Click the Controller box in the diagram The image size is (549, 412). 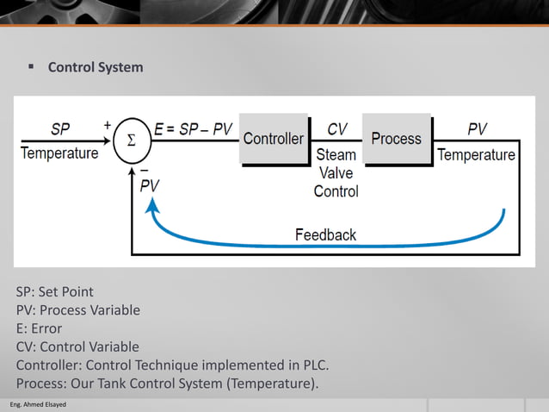[x=273, y=139]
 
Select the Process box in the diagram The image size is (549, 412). [x=396, y=138]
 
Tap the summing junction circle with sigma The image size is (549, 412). [x=132, y=140]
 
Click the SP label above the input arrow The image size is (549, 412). [x=60, y=129]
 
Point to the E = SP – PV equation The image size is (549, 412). [x=194, y=130]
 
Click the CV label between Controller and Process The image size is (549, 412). [x=337, y=129]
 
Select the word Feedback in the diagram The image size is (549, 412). [x=325, y=234]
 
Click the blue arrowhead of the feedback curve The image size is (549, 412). [x=152, y=204]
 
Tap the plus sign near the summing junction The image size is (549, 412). [x=108, y=125]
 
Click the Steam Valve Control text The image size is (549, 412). [x=336, y=172]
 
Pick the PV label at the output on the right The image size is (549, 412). [x=477, y=129]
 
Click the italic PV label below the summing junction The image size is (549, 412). [x=149, y=184]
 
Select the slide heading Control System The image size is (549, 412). [x=96, y=67]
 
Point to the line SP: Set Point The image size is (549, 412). [x=55, y=291]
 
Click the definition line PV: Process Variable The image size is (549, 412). [x=77, y=309]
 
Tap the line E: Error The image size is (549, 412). [x=39, y=328]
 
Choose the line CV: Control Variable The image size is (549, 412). [x=77, y=346]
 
